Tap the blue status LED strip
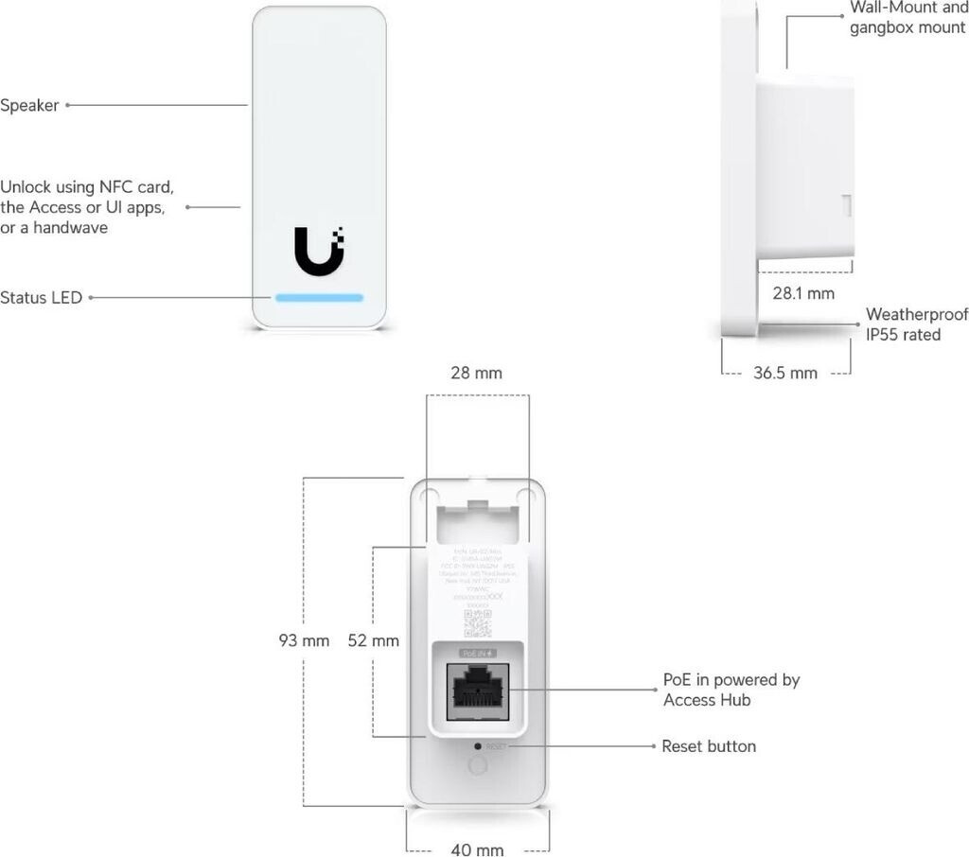319,297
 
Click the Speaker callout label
29,106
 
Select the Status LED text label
42,298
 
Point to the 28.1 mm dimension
803,293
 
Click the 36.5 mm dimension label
785,373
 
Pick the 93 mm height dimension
304,640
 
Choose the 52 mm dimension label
374,640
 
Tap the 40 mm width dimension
477,849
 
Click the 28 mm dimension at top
476,373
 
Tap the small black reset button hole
478,746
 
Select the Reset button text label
709,746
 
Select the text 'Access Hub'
707,700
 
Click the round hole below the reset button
478,766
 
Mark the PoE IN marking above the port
478,654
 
